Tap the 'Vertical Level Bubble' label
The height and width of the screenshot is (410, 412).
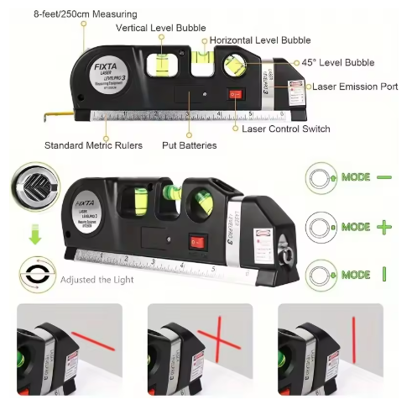[161, 28]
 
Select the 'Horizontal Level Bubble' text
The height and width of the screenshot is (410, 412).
[259, 40]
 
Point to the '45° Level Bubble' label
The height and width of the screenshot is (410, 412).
[339, 63]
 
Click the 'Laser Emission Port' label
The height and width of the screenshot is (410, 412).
[354, 87]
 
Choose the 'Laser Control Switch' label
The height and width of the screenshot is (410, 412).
[285, 129]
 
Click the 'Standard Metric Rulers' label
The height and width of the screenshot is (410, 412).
[93, 145]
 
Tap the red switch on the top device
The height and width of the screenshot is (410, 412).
[236, 96]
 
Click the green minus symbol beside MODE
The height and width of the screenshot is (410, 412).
[383, 178]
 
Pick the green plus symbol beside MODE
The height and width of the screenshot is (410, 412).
[383, 227]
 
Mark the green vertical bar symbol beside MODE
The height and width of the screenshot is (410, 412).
[383, 275]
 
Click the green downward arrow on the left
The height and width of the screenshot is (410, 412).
[34, 238]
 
